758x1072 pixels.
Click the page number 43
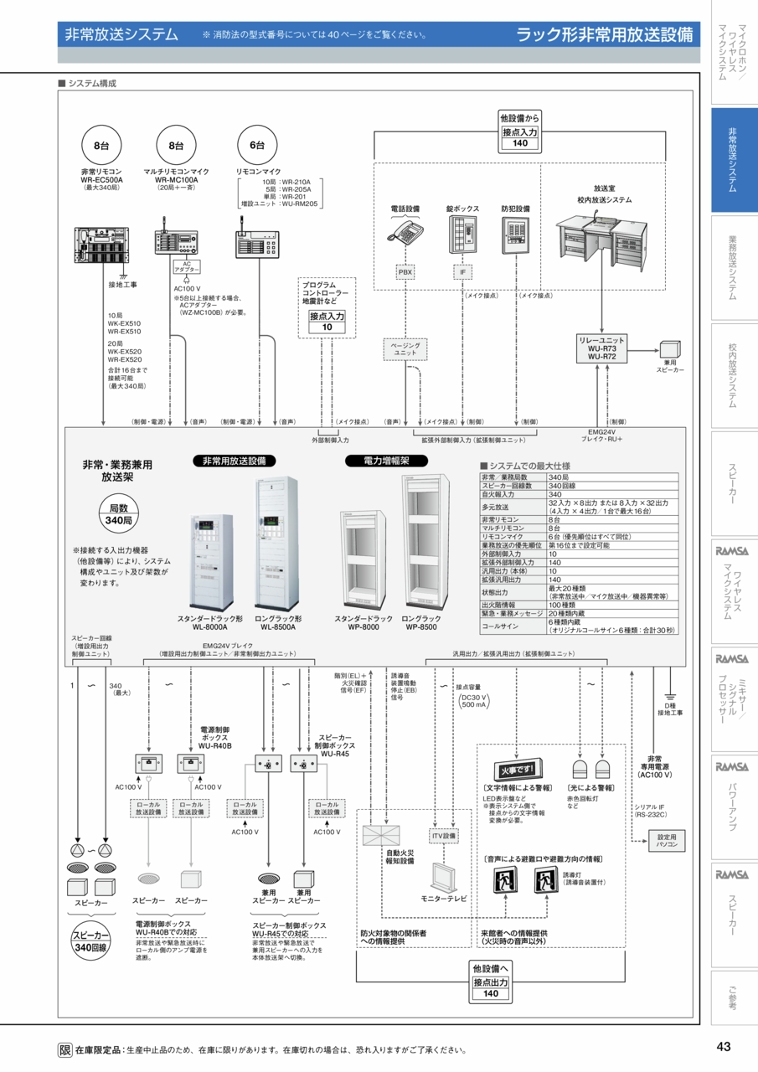[x=724, y=1046]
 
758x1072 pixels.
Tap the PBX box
[x=406, y=272]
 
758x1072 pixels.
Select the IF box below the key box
[x=462, y=272]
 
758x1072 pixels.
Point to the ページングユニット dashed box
[x=405, y=349]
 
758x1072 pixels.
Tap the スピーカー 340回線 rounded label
[x=92, y=941]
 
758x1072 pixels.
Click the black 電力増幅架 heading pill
[x=386, y=461]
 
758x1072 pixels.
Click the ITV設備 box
[x=444, y=836]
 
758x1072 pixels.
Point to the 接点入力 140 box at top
[x=520, y=138]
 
